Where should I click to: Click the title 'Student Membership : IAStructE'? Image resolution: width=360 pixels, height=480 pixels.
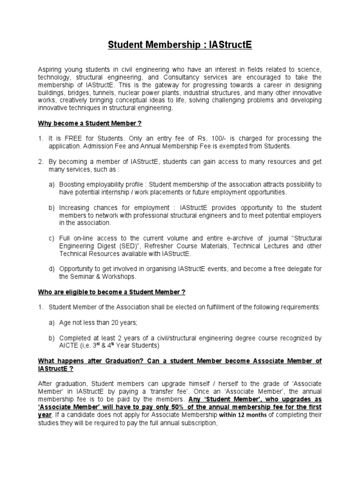pyautogui.click(x=180, y=45)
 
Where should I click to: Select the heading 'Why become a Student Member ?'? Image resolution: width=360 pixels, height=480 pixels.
pyautogui.click(x=90, y=123)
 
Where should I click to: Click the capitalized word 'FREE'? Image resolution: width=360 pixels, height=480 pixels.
pyautogui.click(x=70, y=138)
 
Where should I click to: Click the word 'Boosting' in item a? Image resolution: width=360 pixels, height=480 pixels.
pyautogui.click(x=74, y=185)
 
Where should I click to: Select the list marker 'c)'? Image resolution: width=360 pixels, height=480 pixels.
pyautogui.click(x=52, y=238)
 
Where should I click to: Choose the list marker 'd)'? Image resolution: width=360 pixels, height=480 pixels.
pyautogui.click(x=52, y=269)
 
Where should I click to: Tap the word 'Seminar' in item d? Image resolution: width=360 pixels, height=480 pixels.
pyautogui.click(x=84, y=276)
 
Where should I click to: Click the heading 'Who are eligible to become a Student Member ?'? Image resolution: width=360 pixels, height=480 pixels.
pyautogui.click(x=112, y=292)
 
